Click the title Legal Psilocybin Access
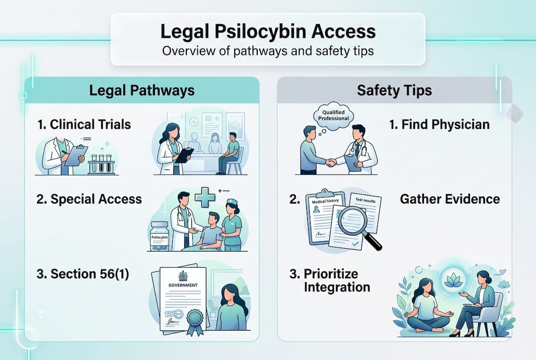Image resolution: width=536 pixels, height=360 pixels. (x=268, y=32)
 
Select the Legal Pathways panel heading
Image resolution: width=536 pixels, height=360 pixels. (x=141, y=90)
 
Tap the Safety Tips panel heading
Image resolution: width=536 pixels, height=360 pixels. (x=394, y=90)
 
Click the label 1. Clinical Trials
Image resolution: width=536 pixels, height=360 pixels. (x=84, y=124)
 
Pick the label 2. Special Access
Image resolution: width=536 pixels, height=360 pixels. (x=89, y=199)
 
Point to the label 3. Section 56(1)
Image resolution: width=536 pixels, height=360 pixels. (x=82, y=273)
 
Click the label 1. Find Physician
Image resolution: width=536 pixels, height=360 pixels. (x=439, y=124)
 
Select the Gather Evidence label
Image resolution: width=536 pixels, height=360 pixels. (x=450, y=199)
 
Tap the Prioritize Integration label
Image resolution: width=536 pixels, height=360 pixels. (x=330, y=280)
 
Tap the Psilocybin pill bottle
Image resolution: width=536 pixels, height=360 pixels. (x=160, y=235)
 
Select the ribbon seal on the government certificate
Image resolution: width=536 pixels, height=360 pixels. (x=193, y=318)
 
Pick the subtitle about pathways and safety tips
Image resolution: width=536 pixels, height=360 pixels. (x=268, y=51)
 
